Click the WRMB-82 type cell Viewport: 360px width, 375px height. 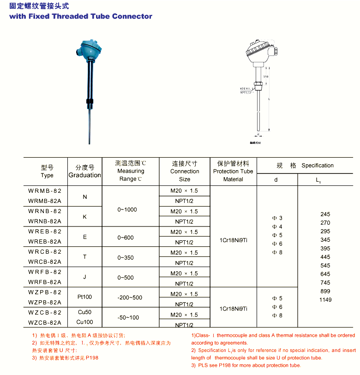(45, 190)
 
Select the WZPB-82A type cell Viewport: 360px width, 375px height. (45, 302)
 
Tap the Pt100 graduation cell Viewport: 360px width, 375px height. (84, 298)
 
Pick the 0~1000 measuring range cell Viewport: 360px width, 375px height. (127, 210)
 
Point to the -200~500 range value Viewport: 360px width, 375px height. (130, 298)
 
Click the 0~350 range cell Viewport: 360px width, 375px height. (126, 257)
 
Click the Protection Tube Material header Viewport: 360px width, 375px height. (233, 171)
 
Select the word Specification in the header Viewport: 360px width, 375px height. (318, 166)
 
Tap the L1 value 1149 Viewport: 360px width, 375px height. (325, 300)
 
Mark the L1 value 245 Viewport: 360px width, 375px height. (325, 214)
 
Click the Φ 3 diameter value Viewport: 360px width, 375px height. (277, 218)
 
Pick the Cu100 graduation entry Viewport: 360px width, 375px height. (84, 322)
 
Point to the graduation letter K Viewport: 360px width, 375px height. (84, 217)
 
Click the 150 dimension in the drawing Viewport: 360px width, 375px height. (265, 77)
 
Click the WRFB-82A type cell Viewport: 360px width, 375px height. (45, 282)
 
